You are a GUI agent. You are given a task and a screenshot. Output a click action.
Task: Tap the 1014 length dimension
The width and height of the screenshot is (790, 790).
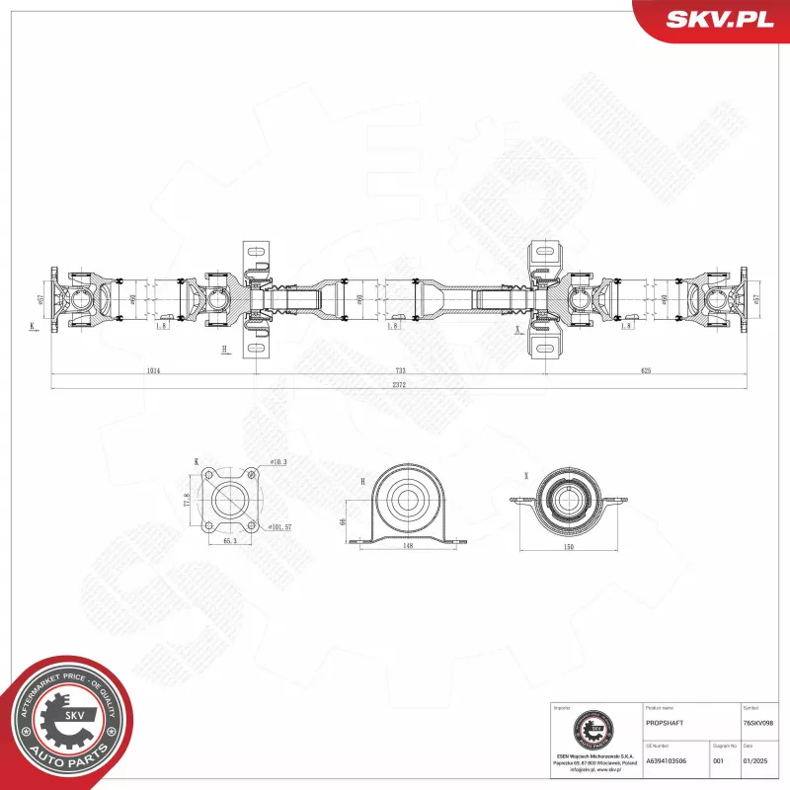coord(152,370)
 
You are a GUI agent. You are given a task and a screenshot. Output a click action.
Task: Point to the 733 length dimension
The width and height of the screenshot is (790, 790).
coord(400,370)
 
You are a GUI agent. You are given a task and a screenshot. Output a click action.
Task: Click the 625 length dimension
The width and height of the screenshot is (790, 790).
coord(645,370)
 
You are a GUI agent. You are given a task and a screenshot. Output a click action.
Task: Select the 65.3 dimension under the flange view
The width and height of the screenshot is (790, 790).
coord(230,542)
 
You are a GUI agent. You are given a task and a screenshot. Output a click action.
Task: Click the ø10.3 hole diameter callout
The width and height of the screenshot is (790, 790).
coord(277,462)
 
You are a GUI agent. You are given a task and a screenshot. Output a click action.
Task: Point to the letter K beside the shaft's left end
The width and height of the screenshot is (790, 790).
coord(32,325)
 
